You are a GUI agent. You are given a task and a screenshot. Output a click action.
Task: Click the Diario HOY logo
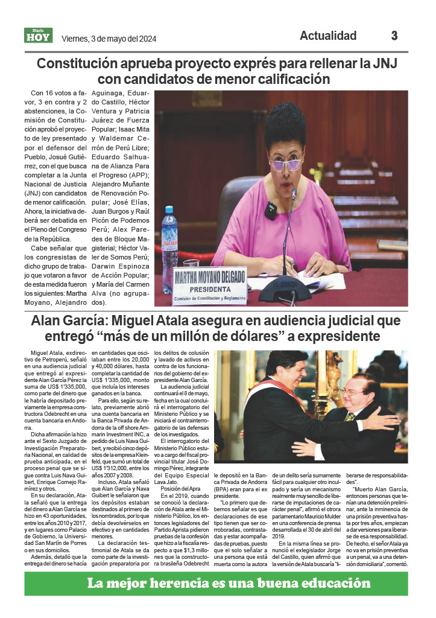pyautogui.click(x=39, y=36)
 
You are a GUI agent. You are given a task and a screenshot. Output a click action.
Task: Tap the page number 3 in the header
pyautogui.click(x=394, y=36)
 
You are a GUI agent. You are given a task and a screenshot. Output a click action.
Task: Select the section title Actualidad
pyautogui.click(x=328, y=36)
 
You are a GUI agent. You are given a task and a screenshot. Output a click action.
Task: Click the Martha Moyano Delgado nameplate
pyautogui.click(x=209, y=284)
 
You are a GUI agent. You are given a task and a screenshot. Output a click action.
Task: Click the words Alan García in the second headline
pyautogui.click(x=71, y=320)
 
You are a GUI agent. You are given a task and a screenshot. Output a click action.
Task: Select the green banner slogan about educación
pyautogui.click(x=229, y=582)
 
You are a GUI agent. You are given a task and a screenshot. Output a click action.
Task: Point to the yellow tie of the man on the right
pyautogui.click(x=349, y=416)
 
